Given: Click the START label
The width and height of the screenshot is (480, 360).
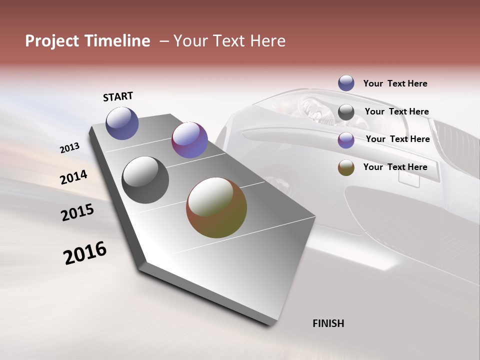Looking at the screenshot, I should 118,96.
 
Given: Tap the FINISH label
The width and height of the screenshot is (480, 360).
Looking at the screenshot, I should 328,323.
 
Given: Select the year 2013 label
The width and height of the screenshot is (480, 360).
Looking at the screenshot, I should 70,147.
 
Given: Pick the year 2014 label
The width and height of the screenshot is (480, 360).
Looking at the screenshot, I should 74,177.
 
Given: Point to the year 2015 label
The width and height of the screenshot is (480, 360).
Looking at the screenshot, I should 77,212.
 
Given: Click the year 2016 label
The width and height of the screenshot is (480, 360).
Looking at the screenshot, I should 85,253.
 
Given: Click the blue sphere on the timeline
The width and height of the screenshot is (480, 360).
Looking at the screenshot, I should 122,123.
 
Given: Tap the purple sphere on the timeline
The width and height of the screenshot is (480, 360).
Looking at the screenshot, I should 189,140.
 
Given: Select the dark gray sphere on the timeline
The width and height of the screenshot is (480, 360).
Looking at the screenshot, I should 145,180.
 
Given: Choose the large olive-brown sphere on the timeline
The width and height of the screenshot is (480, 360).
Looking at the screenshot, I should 216,207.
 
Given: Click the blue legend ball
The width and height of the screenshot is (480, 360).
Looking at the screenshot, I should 346,83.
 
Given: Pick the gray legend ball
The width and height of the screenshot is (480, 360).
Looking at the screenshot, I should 346,112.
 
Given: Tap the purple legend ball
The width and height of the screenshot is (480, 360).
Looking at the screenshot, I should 346,140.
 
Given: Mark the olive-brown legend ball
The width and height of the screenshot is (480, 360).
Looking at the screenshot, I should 346,167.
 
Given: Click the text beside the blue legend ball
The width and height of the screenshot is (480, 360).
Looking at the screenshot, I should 395,83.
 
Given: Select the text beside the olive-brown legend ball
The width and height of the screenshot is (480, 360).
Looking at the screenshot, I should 395,167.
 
